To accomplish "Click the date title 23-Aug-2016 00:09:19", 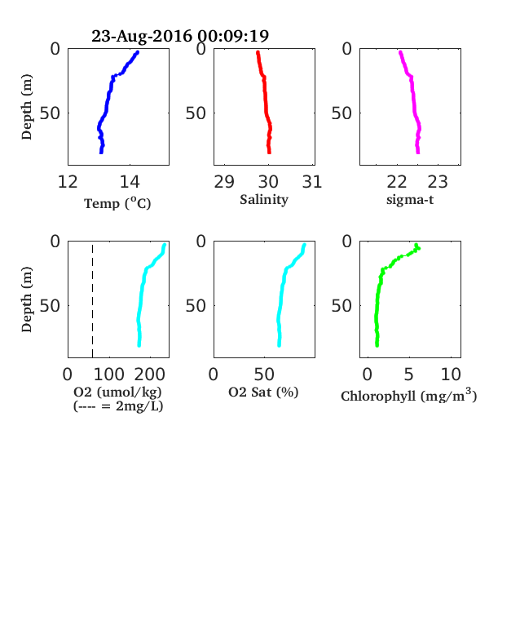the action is [180, 36].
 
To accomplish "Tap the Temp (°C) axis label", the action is [117, 203].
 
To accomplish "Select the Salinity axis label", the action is [264, 200].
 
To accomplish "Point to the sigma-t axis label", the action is [410, 200].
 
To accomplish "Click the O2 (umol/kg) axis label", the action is [118, 392].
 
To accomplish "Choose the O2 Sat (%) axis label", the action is [263, 392].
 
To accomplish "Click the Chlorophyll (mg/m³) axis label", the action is [408, 395].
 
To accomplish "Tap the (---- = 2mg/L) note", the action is [118, 406].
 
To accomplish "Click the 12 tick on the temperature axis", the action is [68, 182].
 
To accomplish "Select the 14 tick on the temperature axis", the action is [130, 182].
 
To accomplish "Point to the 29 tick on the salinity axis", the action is [224, 182].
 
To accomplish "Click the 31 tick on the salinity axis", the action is [312, 182].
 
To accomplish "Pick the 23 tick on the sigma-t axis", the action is [438, 182].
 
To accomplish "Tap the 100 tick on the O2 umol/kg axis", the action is [109, 375].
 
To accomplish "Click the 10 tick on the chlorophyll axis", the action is [451, 375].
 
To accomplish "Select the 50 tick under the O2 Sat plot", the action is [264, 375].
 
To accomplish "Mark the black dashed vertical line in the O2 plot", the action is [93, 301].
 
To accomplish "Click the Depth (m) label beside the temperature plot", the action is [27, 107].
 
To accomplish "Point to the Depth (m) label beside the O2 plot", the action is [27, 299].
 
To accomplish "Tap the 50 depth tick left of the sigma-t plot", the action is [342, 113].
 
